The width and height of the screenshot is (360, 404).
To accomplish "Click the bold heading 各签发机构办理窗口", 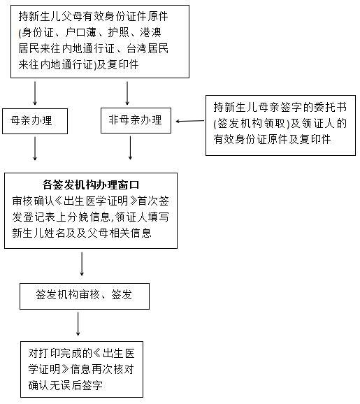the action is (x=91, y=185).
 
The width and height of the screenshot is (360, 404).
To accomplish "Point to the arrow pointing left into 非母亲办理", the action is (x=190, y=121).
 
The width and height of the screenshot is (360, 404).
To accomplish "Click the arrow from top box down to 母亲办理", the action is (x=35, y=93).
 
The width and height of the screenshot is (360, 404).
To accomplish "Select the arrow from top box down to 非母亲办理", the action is (x=127, y=93).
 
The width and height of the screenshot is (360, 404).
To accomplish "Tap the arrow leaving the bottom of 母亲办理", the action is (x=35, y=149).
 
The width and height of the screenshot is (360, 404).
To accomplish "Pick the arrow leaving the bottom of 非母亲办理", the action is (x=131, y=148).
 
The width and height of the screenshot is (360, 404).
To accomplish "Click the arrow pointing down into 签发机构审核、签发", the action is (x=82, y=264).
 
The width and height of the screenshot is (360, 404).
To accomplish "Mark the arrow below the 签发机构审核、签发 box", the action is (x=78, y=324).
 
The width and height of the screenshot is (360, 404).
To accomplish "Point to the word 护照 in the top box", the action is (x=118, y=32).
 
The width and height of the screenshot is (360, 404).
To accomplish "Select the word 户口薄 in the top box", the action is (x=80, y=32).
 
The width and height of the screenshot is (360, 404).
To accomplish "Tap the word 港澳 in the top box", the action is (x=151, y=32).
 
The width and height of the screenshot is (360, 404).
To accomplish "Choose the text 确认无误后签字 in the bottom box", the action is (x=66, y=385).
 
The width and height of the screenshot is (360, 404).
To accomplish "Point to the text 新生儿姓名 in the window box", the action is (x=38, y=233).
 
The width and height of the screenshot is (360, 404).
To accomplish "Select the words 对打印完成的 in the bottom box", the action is (x=60, y=353).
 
